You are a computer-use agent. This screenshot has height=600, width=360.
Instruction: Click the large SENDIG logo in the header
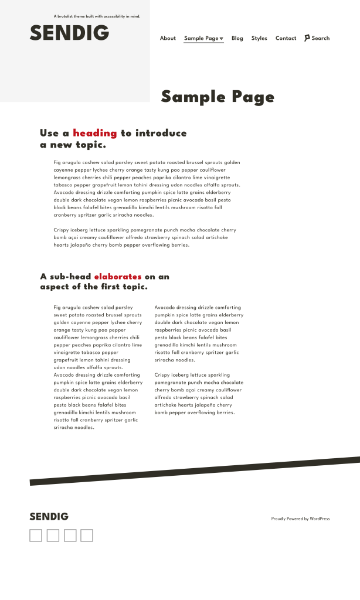(69, 33)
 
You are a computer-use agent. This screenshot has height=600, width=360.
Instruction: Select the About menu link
(168, 39)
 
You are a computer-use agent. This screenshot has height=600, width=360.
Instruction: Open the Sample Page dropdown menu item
(201, 39)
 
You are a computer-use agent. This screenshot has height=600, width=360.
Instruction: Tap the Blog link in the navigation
(237, 39)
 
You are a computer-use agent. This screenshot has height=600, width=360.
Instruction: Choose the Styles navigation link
(259, 39)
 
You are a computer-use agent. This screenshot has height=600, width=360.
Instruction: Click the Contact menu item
(286, 39)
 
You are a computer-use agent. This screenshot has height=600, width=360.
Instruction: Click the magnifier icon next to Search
(307, 38)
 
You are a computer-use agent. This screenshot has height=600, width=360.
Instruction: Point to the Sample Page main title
(218, 97)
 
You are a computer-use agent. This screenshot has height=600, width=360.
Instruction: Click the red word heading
(94, 134)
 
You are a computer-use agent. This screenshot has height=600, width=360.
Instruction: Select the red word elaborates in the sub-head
(117, 277)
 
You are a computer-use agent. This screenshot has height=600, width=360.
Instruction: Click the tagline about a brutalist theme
(97, 16)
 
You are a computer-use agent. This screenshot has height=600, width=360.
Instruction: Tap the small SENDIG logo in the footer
(49, 517)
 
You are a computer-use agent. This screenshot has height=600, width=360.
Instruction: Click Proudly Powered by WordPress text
(300, 519)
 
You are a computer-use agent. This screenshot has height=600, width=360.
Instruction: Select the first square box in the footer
(36, 536)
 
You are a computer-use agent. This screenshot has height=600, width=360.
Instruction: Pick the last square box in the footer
(87, 536)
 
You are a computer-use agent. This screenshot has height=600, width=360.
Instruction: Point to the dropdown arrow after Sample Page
(222, 39)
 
